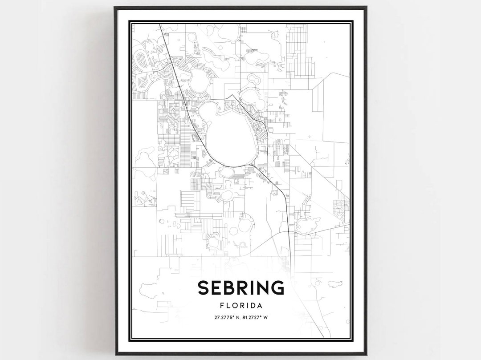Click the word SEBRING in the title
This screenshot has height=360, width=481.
(240, 288)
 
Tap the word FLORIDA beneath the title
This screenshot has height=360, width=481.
(240, 306)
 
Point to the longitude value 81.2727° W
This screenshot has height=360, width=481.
(257, 317)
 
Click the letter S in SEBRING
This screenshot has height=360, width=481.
(203, 288)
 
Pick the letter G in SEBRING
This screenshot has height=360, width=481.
(277, 288)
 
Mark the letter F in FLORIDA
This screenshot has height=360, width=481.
(222, 306)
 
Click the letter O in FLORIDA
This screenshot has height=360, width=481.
(234, 306)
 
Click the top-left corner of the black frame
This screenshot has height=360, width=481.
(115, 7)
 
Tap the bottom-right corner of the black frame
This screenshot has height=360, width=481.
(366, 354)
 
